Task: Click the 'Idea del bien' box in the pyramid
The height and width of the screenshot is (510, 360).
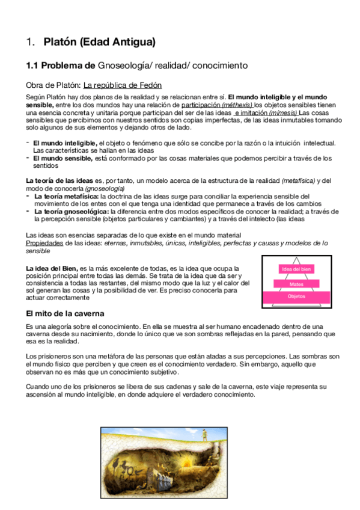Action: click(x=296, y=269)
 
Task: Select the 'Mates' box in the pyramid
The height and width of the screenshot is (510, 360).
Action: click(x=296, y=283)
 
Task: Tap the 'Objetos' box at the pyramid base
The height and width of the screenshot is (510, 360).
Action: click(x=296, y=297)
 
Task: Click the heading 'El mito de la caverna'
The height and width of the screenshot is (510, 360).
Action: click(x=65, y=313)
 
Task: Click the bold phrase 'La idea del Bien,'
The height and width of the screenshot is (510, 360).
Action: click(x=52, y=268)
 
